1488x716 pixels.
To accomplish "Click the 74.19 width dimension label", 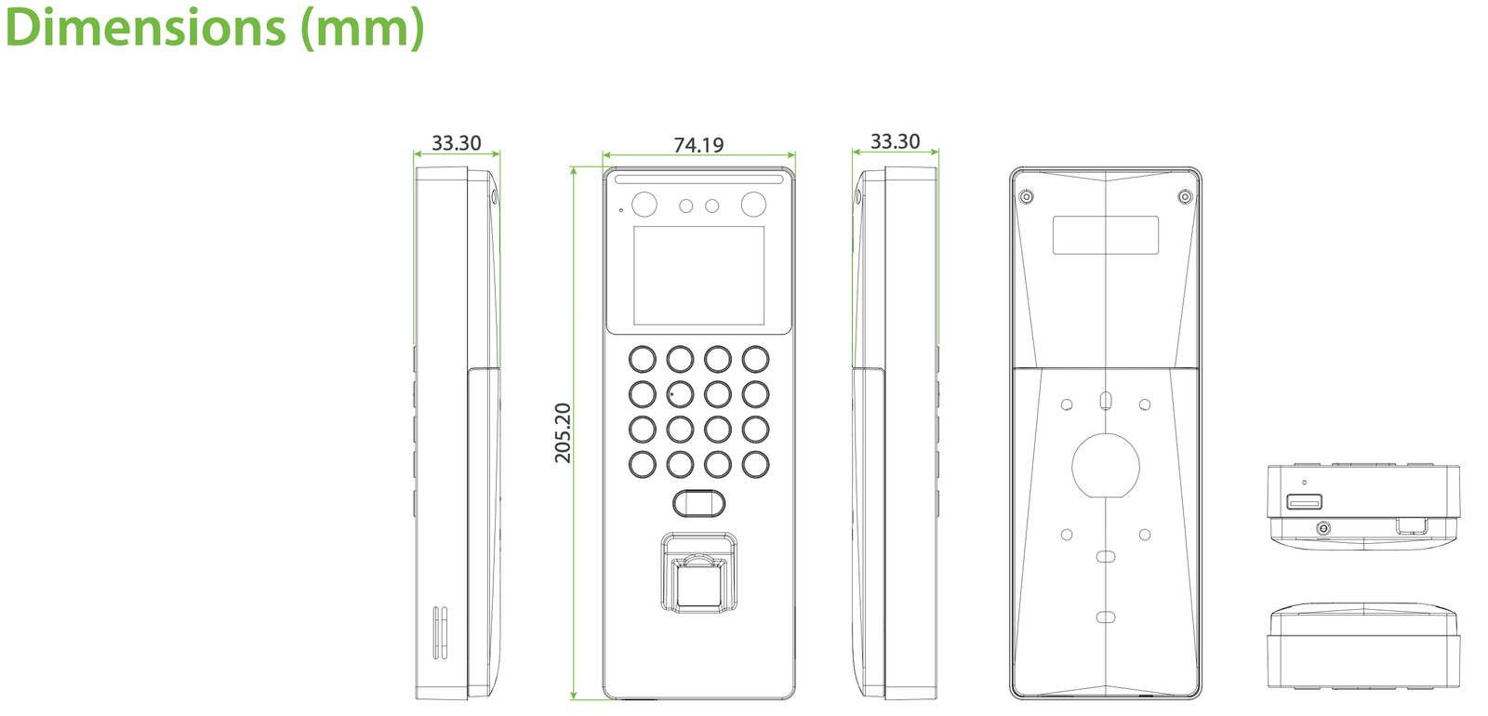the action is coord(698,145).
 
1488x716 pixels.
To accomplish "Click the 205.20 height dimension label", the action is coord(563,432).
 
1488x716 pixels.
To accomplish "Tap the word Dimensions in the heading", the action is coord(145,27).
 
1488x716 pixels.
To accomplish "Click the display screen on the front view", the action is coord(698,275).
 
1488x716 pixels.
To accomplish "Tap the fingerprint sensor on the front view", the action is coord(698,573).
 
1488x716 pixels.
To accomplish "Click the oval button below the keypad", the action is coord(698,503).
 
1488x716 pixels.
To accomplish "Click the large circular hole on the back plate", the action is coord(1106,466).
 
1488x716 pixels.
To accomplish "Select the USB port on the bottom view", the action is coord(1304,501).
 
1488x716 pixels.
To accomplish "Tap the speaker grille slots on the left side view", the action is coord(440,632).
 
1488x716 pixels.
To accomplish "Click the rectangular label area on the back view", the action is coord(1106,234).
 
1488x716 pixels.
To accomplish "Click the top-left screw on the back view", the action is coord(1027,196).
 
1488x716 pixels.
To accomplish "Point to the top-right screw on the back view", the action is coord(1185,196).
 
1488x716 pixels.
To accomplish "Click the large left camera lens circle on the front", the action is coord(644,205).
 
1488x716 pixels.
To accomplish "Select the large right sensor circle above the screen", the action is coord(753,205).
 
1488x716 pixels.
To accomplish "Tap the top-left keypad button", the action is coord(643,359).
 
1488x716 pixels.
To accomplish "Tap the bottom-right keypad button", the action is coord(755,465).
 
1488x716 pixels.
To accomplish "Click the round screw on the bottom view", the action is coord(1323,528).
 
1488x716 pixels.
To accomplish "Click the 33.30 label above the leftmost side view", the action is coord(457,143).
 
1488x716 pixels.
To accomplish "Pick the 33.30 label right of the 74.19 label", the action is coord(895,141).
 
